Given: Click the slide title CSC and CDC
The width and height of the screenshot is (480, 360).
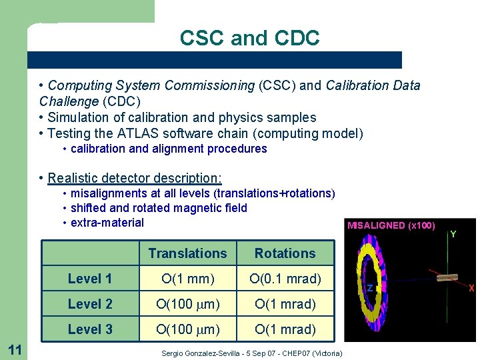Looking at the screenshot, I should pos(249,38).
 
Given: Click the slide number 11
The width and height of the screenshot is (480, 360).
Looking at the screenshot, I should pos(14,348).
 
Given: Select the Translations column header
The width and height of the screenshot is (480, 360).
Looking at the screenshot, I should pos(187,253).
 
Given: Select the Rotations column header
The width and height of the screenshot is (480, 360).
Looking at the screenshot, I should pos(285,253).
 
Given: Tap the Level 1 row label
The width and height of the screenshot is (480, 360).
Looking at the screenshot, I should pos(89,279).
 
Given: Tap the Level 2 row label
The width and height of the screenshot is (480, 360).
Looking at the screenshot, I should pos(89,304).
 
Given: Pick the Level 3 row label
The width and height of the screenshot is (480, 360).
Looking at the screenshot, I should pos(89,329).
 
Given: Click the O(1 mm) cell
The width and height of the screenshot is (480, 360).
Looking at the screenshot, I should pos(187,279).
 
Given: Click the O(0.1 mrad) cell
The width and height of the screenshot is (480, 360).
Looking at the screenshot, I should pos(285,279).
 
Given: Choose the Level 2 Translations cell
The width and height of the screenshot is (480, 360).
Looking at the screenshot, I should pos(187,304).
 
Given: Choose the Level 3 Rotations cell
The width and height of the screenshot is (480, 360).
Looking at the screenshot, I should pos(285,329).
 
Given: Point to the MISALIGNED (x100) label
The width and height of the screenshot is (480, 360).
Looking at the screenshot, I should pos(391,225).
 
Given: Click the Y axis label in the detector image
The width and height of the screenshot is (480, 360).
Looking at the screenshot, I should pos(453,235).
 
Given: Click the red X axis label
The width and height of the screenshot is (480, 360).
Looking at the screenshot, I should pos(471,288).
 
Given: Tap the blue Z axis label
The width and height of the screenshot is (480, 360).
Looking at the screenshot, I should pos(369,288).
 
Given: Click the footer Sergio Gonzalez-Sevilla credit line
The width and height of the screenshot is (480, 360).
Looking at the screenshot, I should pos(252,353).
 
